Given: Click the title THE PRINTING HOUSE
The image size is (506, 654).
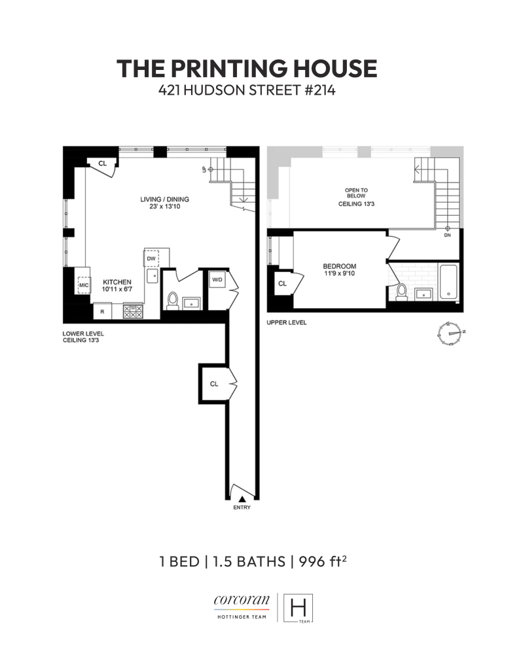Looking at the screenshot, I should (x=247, y=69).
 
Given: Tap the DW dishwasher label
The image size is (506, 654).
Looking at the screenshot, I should (x=151, y=259).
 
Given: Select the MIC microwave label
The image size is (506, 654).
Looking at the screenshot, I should (x=84, y=285).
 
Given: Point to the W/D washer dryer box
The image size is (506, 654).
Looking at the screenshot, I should (x=216, y=280).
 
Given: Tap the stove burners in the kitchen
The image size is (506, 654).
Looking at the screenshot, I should (x=134, y=312).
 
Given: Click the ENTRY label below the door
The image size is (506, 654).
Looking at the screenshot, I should (x=242, y=508).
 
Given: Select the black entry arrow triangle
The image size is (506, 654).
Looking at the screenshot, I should (x=242, y=499).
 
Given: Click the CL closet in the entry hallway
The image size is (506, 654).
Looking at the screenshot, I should (x=213, y=384).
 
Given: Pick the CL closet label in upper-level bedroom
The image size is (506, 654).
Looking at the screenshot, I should (x=282, y=284).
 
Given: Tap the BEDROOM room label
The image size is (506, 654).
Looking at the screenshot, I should (x=339, y=266).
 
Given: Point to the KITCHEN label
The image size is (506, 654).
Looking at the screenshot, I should (x=116, y=281).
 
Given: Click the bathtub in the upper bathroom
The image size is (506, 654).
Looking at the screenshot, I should (x=448, y=283).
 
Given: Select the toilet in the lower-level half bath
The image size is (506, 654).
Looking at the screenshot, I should (x=173, y=299).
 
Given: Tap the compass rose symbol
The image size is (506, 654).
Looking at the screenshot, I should (x=450, y=333).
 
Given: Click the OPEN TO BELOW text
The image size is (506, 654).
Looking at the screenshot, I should (x=356, y=194).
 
